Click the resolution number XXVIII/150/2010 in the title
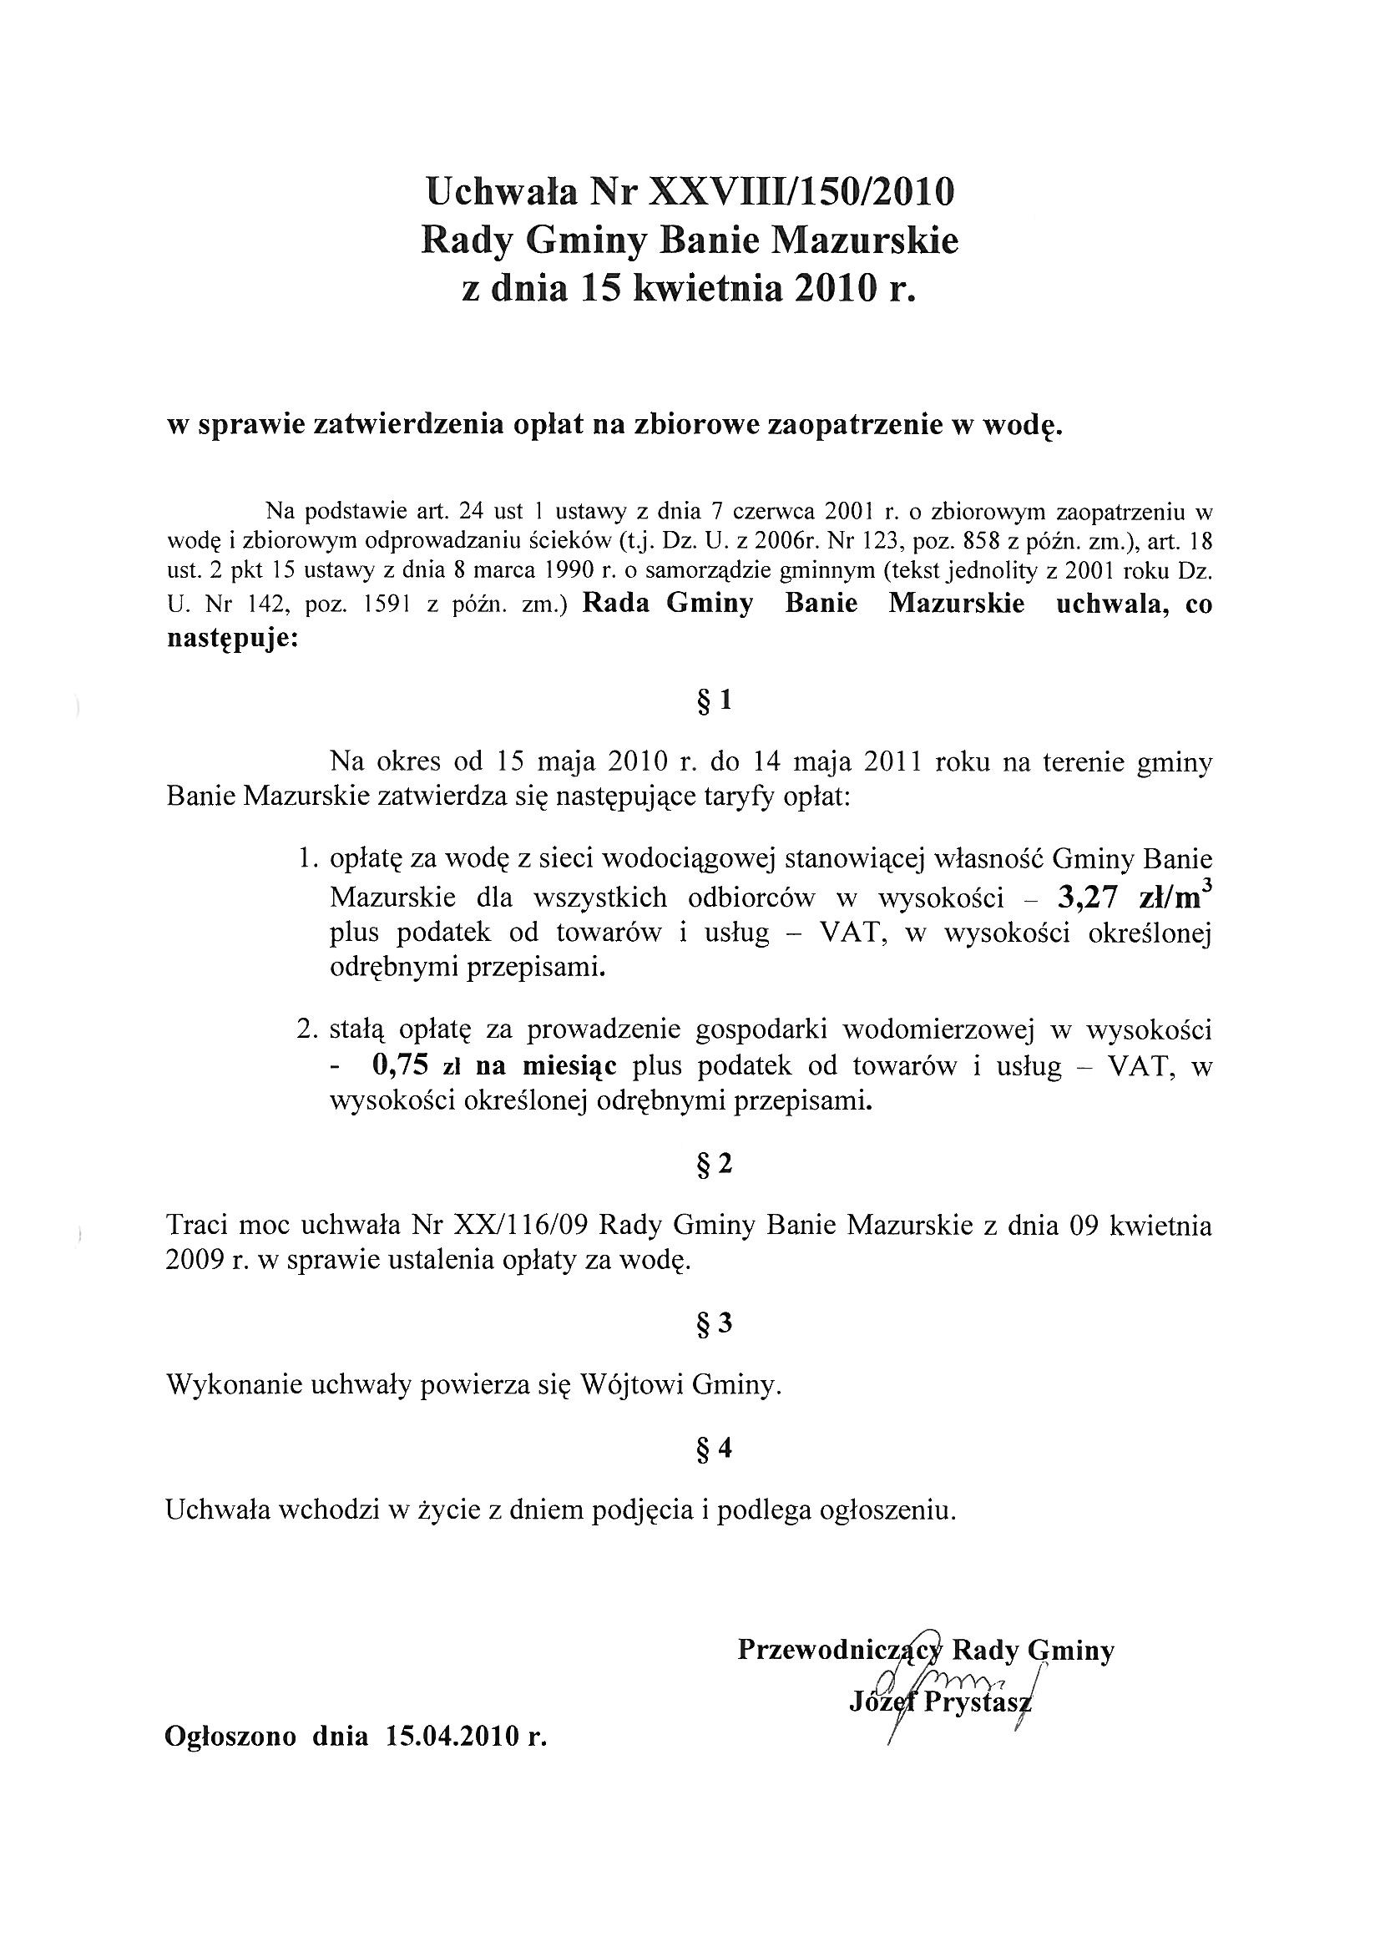point(801,192)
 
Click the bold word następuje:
point(232,639)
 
